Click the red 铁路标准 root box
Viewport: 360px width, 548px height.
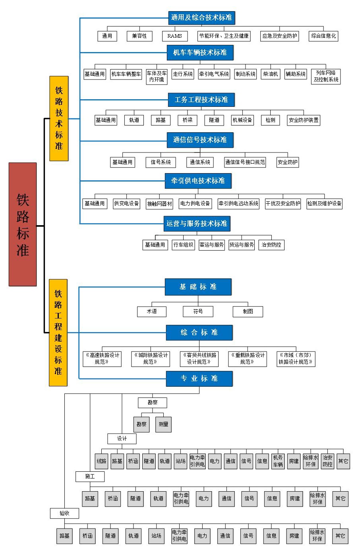pyautogui.click(x=23, y=224)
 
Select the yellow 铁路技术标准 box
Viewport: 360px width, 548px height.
pyautogui.click(x=59, y=118)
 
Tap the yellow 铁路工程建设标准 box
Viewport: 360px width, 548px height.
pyautogui.click(x=58, y=332)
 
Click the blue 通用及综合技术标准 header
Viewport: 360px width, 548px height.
pyautogui.click(x=201, y=17)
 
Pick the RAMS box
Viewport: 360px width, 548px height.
pyautogui.click(x=174, y=36)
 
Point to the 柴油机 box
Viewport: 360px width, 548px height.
pyautogui.click(x=270, y=74)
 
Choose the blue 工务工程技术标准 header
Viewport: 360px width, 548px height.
pyautogui.click(x=201, y=100)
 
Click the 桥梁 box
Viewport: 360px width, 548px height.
pyautogui.click(x=188, y=120)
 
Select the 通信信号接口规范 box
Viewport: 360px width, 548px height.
pyautogui.click(x=245, y=162)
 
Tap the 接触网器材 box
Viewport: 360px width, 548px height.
pyautogui.click(x=159, y=204)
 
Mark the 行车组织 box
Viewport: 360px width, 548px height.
pyautogui.click(x=183, y=245)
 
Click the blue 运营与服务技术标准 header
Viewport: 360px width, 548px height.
pyautogui.click(x=197, y=224)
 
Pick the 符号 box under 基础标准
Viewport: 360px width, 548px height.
pyautogui.click(x=198, y=312)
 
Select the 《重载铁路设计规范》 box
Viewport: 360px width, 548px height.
pyautogui.click(x=247, y=359)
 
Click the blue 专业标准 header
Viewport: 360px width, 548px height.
pyautogui.click(x=199, y=378)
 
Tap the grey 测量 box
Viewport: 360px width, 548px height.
pyautogui.click(x=163, y=424)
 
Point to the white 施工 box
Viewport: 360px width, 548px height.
pyautogui.click(x=90, y=476)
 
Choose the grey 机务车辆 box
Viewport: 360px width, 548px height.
pyautogui.click(x=278, y=461)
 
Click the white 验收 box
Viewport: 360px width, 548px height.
pyautogui.click(x=64, y=513)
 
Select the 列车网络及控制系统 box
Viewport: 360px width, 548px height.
pyautogui.click(x=326, y=76)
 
